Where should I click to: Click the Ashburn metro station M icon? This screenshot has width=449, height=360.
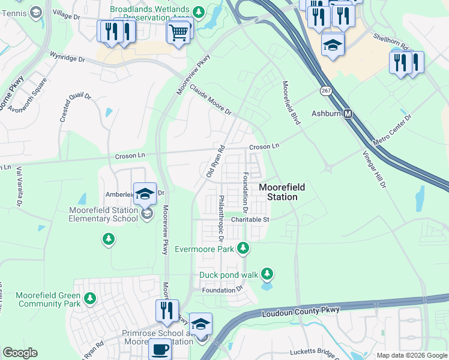pyautogui.click(x=348, y=113)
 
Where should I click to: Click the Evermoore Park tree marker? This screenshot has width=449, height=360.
pyautogui.click(x=243, y=247)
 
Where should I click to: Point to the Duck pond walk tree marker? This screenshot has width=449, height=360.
pyautogui.click(x=267, y=274)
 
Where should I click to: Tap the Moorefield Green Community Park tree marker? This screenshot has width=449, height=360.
pyautogui.click(x=89, y=298)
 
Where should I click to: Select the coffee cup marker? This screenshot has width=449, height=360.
pyautogui.click(x=160, y=349)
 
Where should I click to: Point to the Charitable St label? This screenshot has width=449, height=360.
pyautogui.click(x=250, y=220)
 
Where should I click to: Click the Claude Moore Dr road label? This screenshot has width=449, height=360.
pyautogui.click(x=210, y=99)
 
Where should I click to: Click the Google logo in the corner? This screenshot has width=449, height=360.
pyautogui.click(x=20, y=353)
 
